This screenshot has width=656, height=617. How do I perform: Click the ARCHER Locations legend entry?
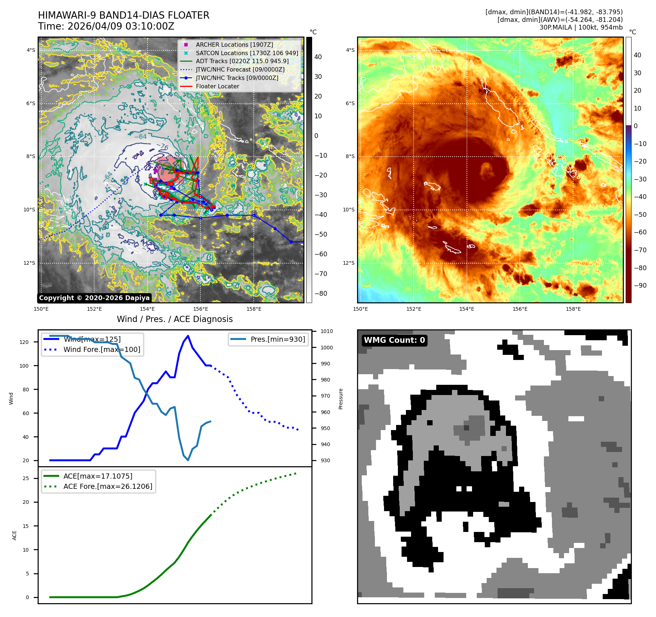tap(234, 45)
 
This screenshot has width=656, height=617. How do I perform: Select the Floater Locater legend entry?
tap(217, 86)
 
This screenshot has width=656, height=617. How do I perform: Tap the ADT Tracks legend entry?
tap(242, 61)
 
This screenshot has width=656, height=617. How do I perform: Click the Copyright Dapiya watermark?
tap(94, 298)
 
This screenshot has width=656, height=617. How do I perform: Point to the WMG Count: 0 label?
tap(394, 340)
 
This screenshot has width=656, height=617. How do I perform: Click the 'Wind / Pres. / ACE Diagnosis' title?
tap(174, 319)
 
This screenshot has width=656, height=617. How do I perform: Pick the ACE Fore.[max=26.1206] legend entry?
tap(108, 486)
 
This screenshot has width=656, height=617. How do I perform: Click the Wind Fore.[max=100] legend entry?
tap(101, 349)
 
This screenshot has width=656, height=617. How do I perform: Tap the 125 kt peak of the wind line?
tap(188, 336)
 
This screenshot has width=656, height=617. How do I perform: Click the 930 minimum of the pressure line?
tap(188, 460)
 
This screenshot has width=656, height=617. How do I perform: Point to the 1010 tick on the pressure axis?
tap(327, 332)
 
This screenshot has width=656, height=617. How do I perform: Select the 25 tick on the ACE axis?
tap(26, 478)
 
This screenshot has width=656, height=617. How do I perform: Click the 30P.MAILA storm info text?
tap(581, 27)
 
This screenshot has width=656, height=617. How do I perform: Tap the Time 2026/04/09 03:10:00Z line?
tap(106, 26)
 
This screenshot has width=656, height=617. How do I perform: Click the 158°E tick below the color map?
tap(573, 309)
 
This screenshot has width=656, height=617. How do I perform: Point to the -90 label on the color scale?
tap(640, 285)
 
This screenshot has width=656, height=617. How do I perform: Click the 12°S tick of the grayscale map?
tap(30, 263)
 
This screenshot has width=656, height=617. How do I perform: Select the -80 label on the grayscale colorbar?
tap(321, 294)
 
